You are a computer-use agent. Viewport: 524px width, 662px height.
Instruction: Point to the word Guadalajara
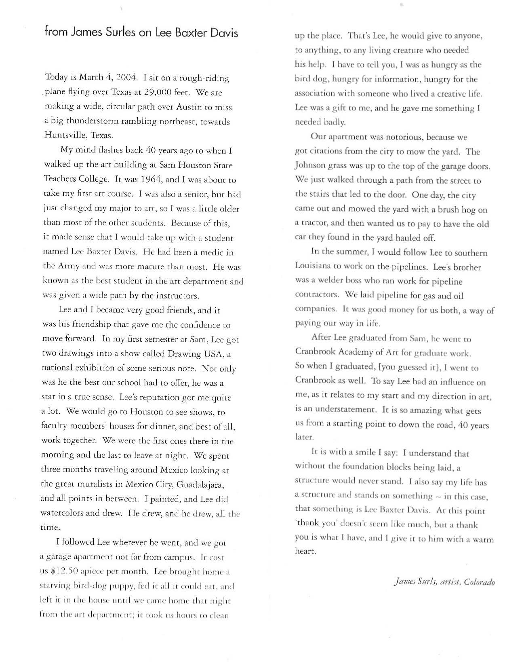[201, 484]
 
